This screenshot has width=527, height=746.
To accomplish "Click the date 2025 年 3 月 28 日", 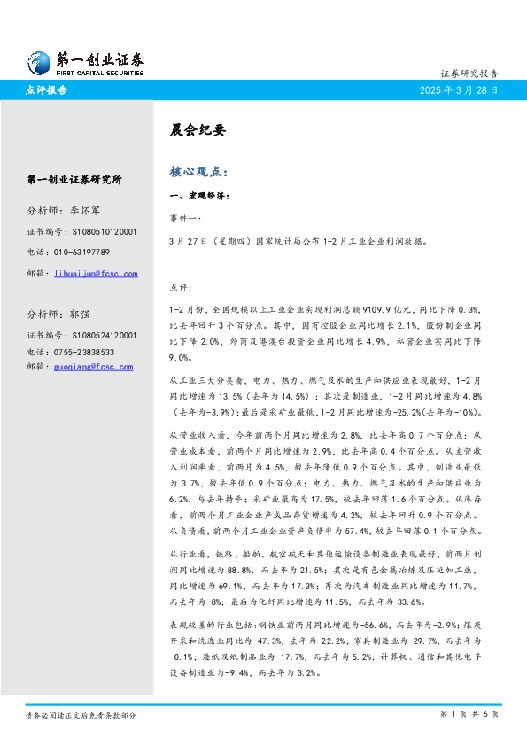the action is (459, 90).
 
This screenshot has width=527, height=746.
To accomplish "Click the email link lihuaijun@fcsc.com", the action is (96, 274).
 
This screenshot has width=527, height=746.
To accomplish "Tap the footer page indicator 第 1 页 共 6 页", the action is (469, 714).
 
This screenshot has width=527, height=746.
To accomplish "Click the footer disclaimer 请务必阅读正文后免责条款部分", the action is (81, 714).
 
